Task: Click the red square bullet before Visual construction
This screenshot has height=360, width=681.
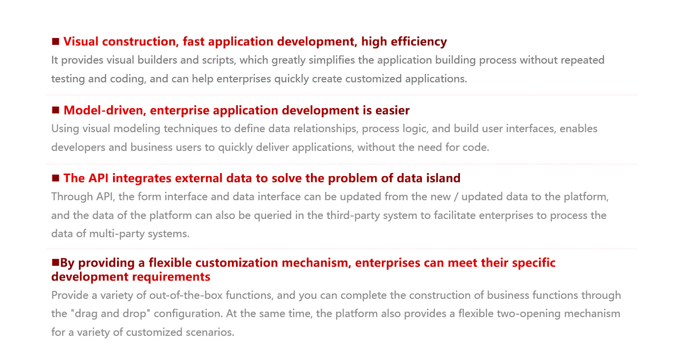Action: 55,41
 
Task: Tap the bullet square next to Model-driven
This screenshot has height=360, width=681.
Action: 55,110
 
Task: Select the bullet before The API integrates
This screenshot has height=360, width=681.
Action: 55,178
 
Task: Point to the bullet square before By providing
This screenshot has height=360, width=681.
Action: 55,262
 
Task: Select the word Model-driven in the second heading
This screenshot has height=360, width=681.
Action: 103,110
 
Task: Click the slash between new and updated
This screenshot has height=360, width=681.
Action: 455,197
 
